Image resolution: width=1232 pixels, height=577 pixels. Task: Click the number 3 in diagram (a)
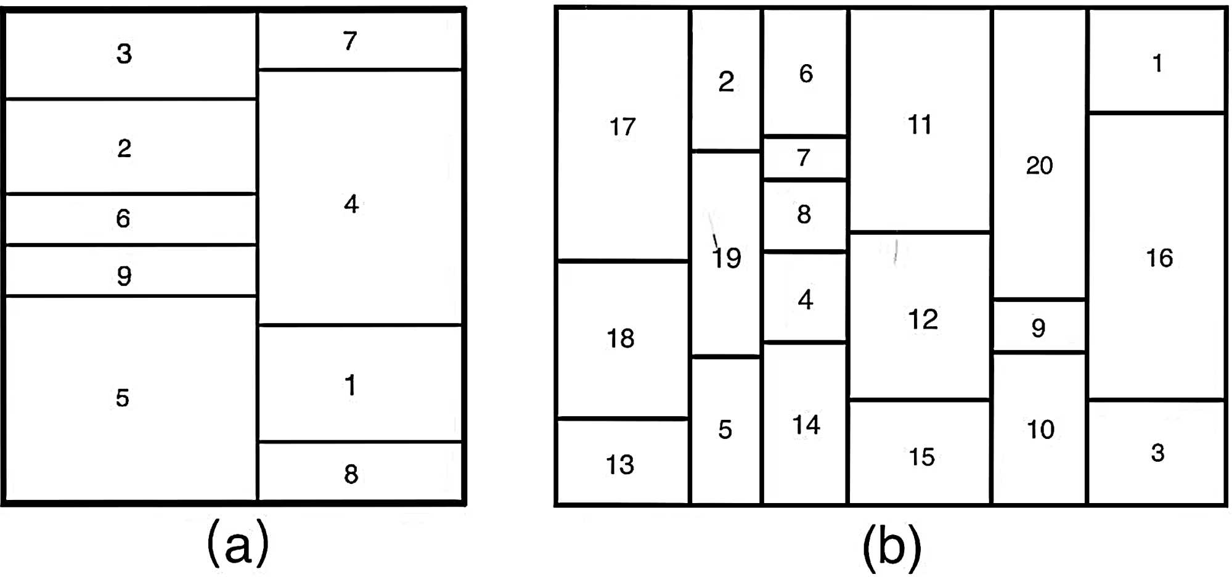point(124,54)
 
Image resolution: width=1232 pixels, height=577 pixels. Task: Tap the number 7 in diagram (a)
point(350,41)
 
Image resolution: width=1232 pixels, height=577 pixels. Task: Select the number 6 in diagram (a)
point(123,219)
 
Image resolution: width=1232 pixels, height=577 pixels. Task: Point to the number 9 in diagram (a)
point(124,276)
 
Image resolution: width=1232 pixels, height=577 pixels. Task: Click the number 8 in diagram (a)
point(351,474)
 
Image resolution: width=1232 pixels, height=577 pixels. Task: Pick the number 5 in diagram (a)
point(123,398)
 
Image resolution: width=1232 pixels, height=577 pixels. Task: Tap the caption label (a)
point(238,543)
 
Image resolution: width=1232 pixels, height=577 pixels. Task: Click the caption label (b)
point(891,546)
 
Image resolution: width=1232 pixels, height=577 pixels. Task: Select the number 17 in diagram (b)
point(622,127)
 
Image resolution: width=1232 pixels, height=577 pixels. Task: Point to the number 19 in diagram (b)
point(726,258)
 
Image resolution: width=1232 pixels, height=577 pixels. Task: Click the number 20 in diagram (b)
point(1039,166)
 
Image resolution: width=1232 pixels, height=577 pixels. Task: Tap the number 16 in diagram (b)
point(1159,258)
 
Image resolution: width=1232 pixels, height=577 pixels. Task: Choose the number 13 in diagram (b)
point(619,465)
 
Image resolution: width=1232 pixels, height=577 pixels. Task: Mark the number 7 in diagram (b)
point(803,158)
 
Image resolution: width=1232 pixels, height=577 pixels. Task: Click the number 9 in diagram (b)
point(1038,328)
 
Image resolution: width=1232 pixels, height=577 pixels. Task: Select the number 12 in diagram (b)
point(923,319)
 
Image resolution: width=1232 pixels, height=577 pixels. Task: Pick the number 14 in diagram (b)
point(806,425)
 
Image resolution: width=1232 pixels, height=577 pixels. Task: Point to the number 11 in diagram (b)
point(920,125)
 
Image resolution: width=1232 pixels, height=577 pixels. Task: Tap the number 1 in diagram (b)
point(1157,63)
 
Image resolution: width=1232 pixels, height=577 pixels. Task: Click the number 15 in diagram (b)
point(921,457)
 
